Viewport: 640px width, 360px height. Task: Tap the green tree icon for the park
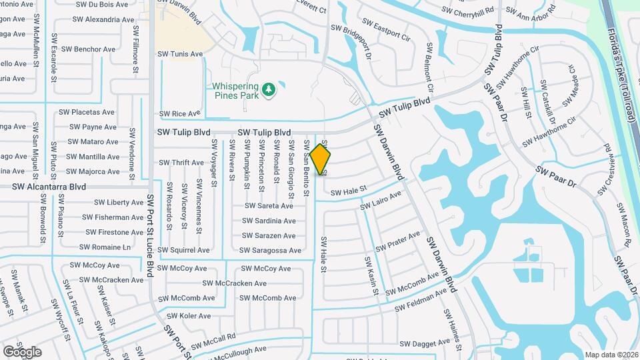269,89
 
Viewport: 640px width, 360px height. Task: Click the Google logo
22,351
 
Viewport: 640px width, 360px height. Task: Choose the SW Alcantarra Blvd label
49,187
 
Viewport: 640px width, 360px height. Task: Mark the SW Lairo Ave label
381,201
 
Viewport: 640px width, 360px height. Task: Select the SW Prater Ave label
398,242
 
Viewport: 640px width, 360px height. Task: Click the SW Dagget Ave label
425,343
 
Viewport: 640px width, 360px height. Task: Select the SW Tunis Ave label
180,54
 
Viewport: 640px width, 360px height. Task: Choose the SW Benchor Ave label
88,49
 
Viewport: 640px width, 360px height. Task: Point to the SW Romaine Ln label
105,247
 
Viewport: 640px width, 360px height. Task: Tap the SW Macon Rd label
627,227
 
